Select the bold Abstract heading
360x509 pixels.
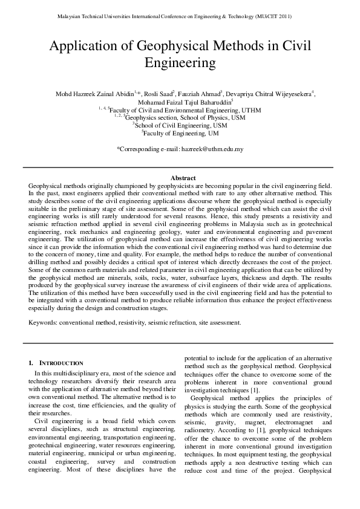[180, 178]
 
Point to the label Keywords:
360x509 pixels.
[43, 323]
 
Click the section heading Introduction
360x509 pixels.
[61, 363]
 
